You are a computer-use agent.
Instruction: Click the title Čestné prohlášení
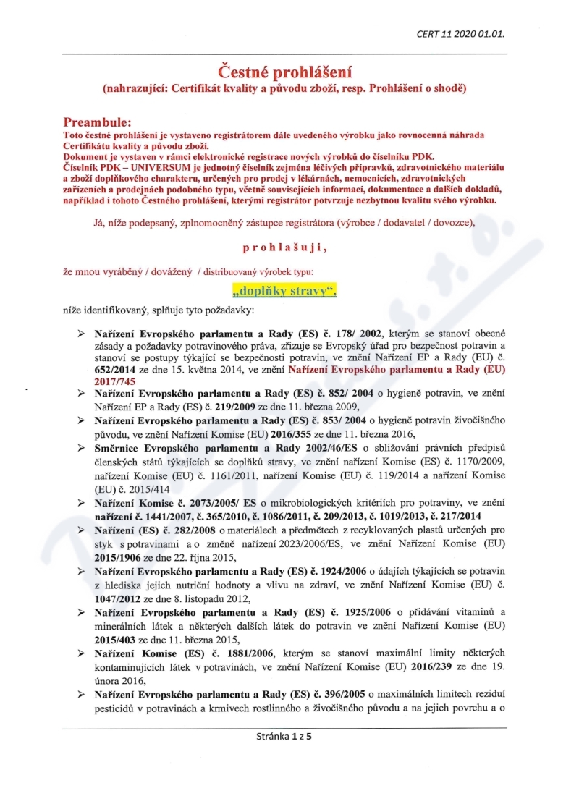[x=286, y=72]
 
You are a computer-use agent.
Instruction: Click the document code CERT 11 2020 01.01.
[x=460, y=34]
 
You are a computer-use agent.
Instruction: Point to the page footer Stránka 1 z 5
[x=288, y=735]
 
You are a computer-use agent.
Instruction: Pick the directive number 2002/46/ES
[x=338, y=447]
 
